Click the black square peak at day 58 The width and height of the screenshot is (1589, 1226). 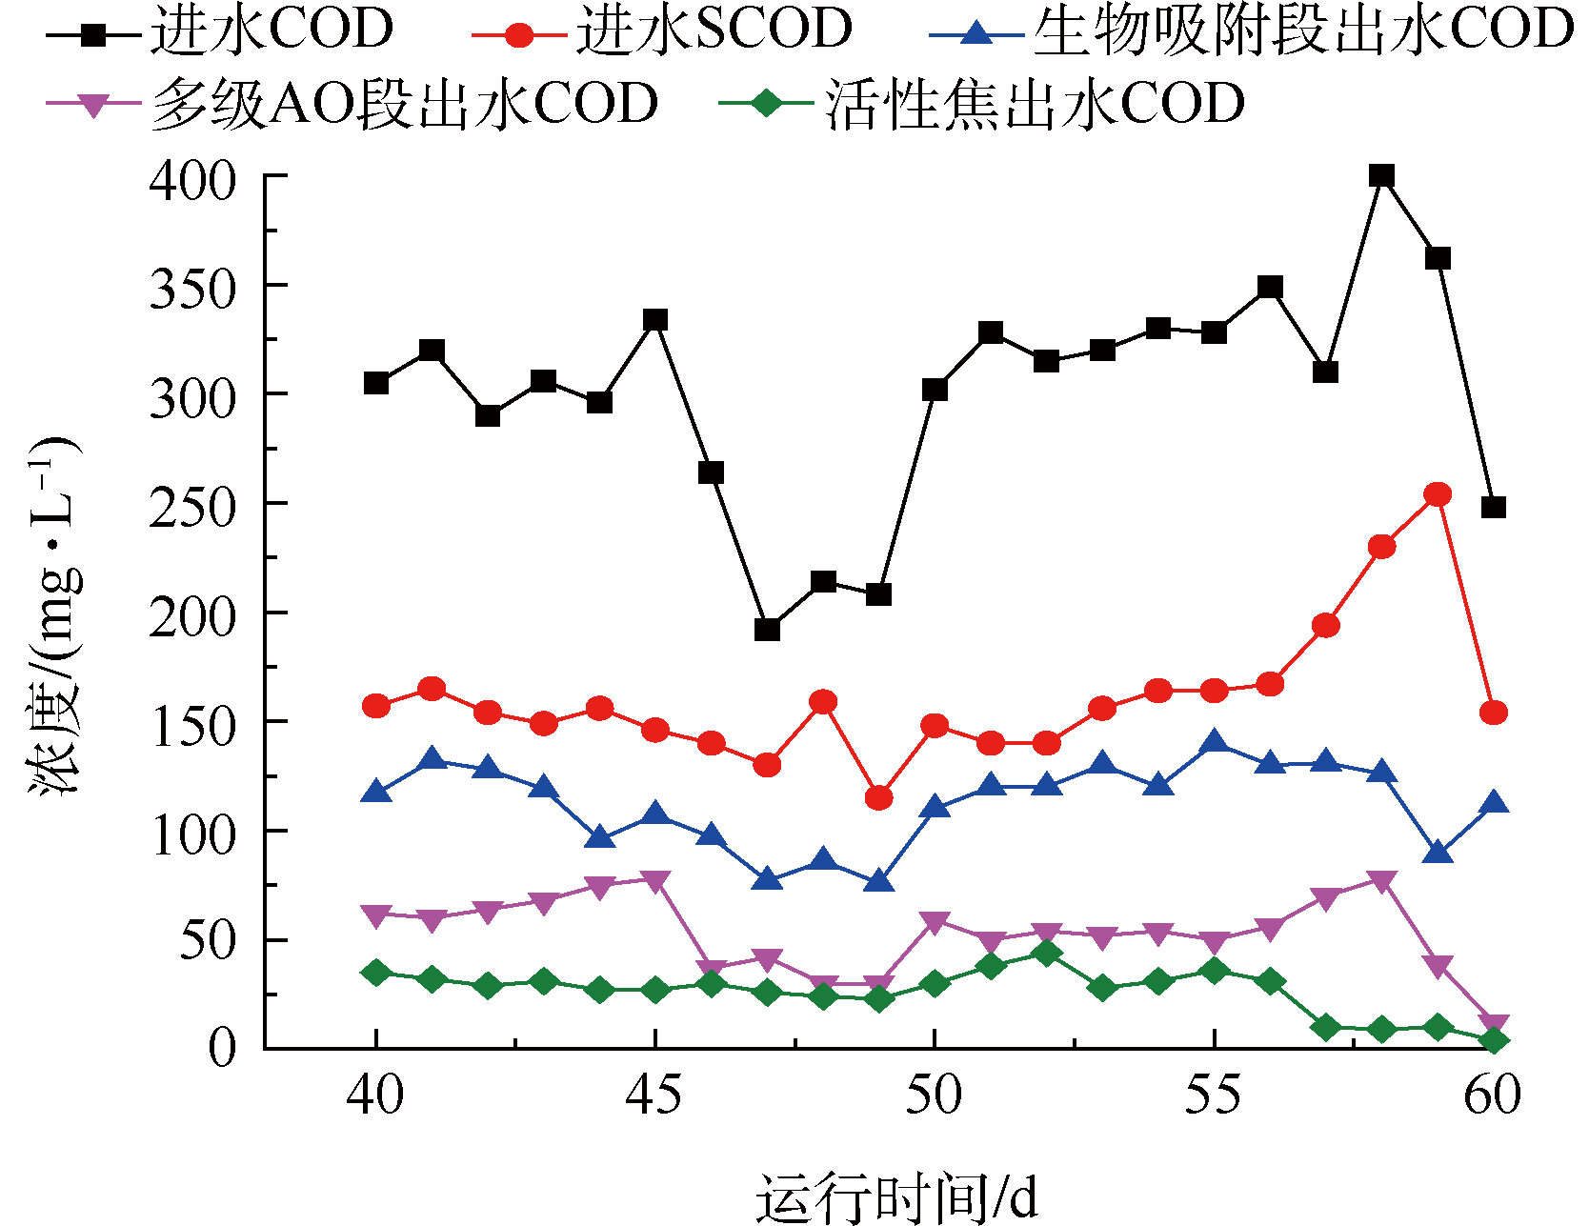(x=1381, y=175)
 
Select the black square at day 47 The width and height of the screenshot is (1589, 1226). (x=767, y=630)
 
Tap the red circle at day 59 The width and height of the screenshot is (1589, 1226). (x=1438, y=494)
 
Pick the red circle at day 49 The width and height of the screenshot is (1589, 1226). (x=878, y=797)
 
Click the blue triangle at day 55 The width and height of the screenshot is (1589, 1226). (x=1214, y=743)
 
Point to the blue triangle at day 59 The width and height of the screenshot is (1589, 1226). (x=1438, y=853)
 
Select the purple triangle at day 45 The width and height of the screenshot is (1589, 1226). (x=655, y=881)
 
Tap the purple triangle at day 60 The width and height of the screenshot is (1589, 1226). (x=1494, y=1026)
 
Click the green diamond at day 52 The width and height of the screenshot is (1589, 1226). (x=1046, y=953)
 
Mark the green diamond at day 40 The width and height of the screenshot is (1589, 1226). (x=376, y=973)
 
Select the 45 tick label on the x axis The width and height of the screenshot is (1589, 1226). (x=654, y=1095)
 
